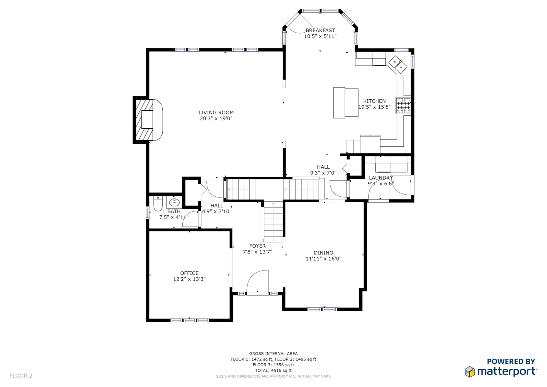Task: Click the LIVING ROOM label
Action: [x=216, y=113]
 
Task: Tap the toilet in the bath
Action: [x=158, y=203]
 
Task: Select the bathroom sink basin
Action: [x=174, y=202]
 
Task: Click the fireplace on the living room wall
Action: [x=148, y=120]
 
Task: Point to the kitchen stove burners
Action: [x=403, y=106]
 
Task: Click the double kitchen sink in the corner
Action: [x=398, y=64]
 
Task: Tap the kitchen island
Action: [x=346, y=102]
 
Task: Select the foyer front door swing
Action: [x=258, y=281]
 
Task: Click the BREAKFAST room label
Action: [x=320, y=30]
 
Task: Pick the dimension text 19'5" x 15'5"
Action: [x=374, y=107]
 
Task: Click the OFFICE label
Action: [x=189, y=273]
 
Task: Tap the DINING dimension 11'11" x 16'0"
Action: [x=323, y=258]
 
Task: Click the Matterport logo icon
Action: [x=470, y=372]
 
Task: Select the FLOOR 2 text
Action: [x=21, y=376]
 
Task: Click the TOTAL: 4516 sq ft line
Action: [x=273, y=371]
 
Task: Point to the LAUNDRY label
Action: [x=381, y=178]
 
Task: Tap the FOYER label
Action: [x=258, y=246]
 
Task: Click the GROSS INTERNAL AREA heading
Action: [x=273, y=354]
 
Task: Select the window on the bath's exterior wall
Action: [x=148, y=212]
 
